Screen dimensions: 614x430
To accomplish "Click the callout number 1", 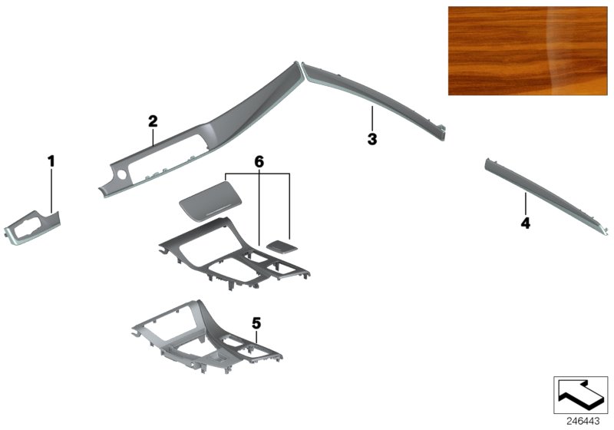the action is [51, 160].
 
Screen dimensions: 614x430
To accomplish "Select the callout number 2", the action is [153, 121].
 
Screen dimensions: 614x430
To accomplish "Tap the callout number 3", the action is [372, 139].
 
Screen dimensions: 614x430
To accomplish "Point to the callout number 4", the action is [525, 223].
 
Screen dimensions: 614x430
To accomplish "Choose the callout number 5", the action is [256, 323].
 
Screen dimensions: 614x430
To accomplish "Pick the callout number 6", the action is [259, 161].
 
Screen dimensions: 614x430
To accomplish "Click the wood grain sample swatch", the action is [527, 51].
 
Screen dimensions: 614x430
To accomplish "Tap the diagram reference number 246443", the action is [583, 422].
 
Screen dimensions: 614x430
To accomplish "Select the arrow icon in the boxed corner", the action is [580, 395].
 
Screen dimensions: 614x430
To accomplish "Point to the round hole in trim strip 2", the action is [122, 175].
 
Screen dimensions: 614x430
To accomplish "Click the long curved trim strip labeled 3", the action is [374, 97].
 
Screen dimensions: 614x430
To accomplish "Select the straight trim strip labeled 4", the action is [547, 195].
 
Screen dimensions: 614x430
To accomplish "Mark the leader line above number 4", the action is [526, 205].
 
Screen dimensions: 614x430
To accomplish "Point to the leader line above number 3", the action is [372, 119].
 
